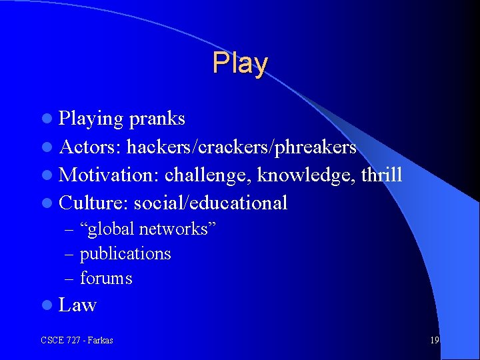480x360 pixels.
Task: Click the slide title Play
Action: (240, 63)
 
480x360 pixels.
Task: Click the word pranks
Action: (157, 119)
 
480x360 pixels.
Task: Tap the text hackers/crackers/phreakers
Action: (241, 147)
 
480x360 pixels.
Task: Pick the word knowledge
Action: (306, 175)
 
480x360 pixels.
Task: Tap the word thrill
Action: (382, 175)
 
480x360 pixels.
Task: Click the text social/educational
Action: (211, 203)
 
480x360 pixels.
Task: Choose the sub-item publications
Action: (125, 254)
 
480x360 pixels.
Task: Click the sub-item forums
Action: (106, 278)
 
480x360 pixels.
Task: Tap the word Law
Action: (78, 305)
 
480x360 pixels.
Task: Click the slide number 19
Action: (434, 341)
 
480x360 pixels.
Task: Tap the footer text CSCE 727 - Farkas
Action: (77, 341)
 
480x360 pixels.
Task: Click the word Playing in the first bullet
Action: (91, 119)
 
